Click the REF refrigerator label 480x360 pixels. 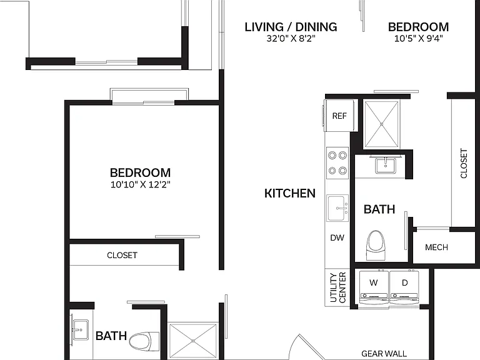339,116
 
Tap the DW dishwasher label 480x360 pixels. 337,237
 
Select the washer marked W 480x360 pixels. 374,287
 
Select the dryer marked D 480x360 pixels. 404,287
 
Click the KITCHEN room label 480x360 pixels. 289,194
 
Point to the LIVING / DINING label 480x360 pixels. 291,27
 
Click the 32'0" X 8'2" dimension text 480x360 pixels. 291,39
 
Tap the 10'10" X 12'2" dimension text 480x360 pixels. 140,184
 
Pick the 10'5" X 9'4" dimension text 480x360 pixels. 419,39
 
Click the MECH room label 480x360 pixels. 436,247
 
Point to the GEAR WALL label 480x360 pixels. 384,354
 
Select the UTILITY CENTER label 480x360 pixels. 338,287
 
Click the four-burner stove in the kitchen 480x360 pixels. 337,163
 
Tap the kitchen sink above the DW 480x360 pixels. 337,208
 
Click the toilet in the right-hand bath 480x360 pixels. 375,246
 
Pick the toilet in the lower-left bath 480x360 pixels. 144,342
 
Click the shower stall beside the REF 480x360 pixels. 381,124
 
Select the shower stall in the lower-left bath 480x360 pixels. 193,341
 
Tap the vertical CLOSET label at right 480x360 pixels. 464,164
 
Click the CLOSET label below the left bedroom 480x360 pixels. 122,255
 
